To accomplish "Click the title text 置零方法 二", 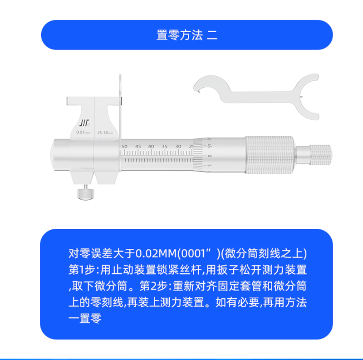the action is tap(187, 35).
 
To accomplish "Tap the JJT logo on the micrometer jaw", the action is tap(84, 123).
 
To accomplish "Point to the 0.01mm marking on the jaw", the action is tap(83, 132).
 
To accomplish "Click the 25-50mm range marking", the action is tap(105, 133).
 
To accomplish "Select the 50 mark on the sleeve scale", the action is tap(124, 147).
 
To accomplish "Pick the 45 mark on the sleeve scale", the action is tap(138, 147).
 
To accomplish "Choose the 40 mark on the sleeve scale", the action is tap(151, 147).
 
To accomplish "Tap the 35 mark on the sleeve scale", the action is tap(165, 147).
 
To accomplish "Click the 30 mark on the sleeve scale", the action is tap(178, 147).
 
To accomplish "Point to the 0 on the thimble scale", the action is tap(210, 156).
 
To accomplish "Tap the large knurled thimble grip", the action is tap(270, 155).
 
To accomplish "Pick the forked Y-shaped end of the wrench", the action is tap(308, 96).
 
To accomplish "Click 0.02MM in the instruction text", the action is tap(156, 253).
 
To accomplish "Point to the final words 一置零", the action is tap(85, 319).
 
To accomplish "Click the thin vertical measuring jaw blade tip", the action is tap(120, 75).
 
